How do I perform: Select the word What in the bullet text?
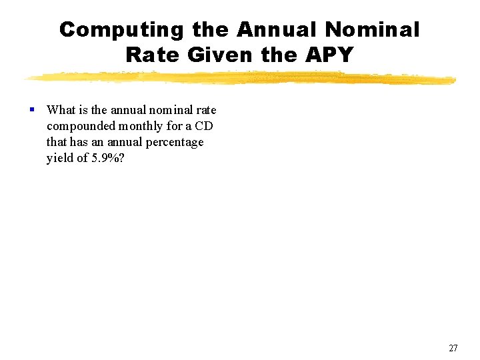pyautogui.click(x=60, y=110)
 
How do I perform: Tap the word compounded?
pyautogui.click(x=79, y=126)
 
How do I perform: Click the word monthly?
pyautogui.click(x=139, y=126)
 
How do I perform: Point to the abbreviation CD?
pyautogui.click(x=203, y=126)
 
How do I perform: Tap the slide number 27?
pyautogui.click(x=453, y=348)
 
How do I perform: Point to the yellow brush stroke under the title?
pyautogui.click(x=240, y=78)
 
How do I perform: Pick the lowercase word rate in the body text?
pyautogui.click(x=206, y=110)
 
